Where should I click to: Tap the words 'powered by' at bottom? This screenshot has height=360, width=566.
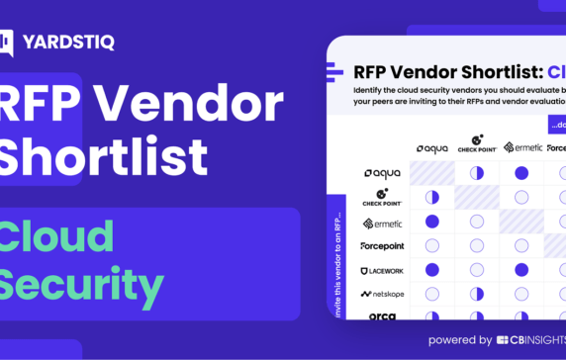coord(459,339)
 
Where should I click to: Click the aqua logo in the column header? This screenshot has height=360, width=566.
coord(432,148)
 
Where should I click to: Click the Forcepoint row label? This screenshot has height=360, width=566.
coord(381,245)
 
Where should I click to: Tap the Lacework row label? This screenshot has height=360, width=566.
coord(381,270)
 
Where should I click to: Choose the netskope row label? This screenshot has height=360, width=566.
coord(381,294)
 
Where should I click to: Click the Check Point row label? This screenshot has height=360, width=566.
coord(381,197)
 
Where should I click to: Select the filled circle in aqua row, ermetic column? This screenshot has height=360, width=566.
coord(521,173)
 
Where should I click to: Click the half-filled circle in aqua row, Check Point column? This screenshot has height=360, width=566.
coord(477,173)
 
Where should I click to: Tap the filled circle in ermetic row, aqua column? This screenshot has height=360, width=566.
coord(432,222)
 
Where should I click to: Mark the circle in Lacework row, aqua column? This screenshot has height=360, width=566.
coord(432,270)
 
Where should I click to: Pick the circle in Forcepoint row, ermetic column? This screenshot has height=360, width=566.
coord(521,245)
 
